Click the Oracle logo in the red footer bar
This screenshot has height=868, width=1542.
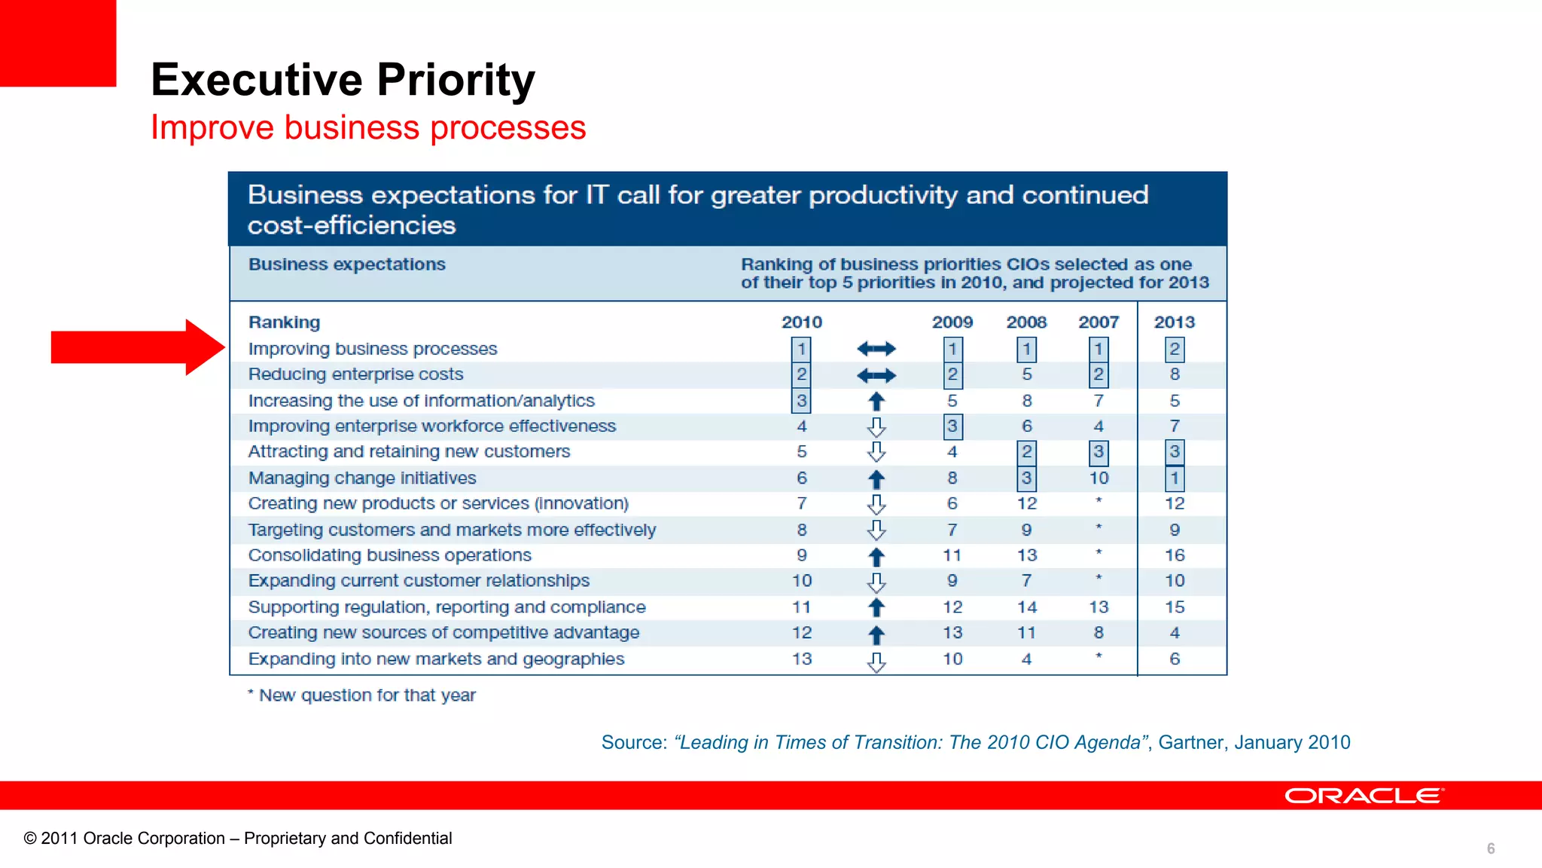click(1364, 796)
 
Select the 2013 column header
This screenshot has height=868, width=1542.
click(1174, 322)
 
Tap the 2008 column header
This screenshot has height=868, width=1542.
click(1026, 322)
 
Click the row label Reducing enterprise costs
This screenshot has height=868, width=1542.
click(355, 374)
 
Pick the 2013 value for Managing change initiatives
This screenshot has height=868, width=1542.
click(1174, 478)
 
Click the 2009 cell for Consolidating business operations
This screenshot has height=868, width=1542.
click(952, 555)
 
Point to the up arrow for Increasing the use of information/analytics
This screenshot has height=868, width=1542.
click(876, 402)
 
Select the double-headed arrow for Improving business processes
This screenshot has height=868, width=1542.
click(876, 349)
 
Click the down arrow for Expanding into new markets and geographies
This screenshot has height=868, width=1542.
click(876, 662)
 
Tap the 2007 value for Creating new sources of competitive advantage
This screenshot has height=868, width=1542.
click(1099, 633)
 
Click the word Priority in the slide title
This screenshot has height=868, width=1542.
click(456, 80)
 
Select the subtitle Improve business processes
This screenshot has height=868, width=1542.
click(368, 127)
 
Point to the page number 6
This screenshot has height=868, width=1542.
click(1490, 848)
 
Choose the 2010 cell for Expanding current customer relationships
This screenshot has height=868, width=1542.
click(801, 581)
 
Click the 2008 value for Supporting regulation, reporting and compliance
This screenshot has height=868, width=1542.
click(1026, 607)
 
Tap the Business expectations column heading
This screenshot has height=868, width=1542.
click(347, 264)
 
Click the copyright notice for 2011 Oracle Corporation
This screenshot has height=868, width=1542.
click(238, 839)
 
